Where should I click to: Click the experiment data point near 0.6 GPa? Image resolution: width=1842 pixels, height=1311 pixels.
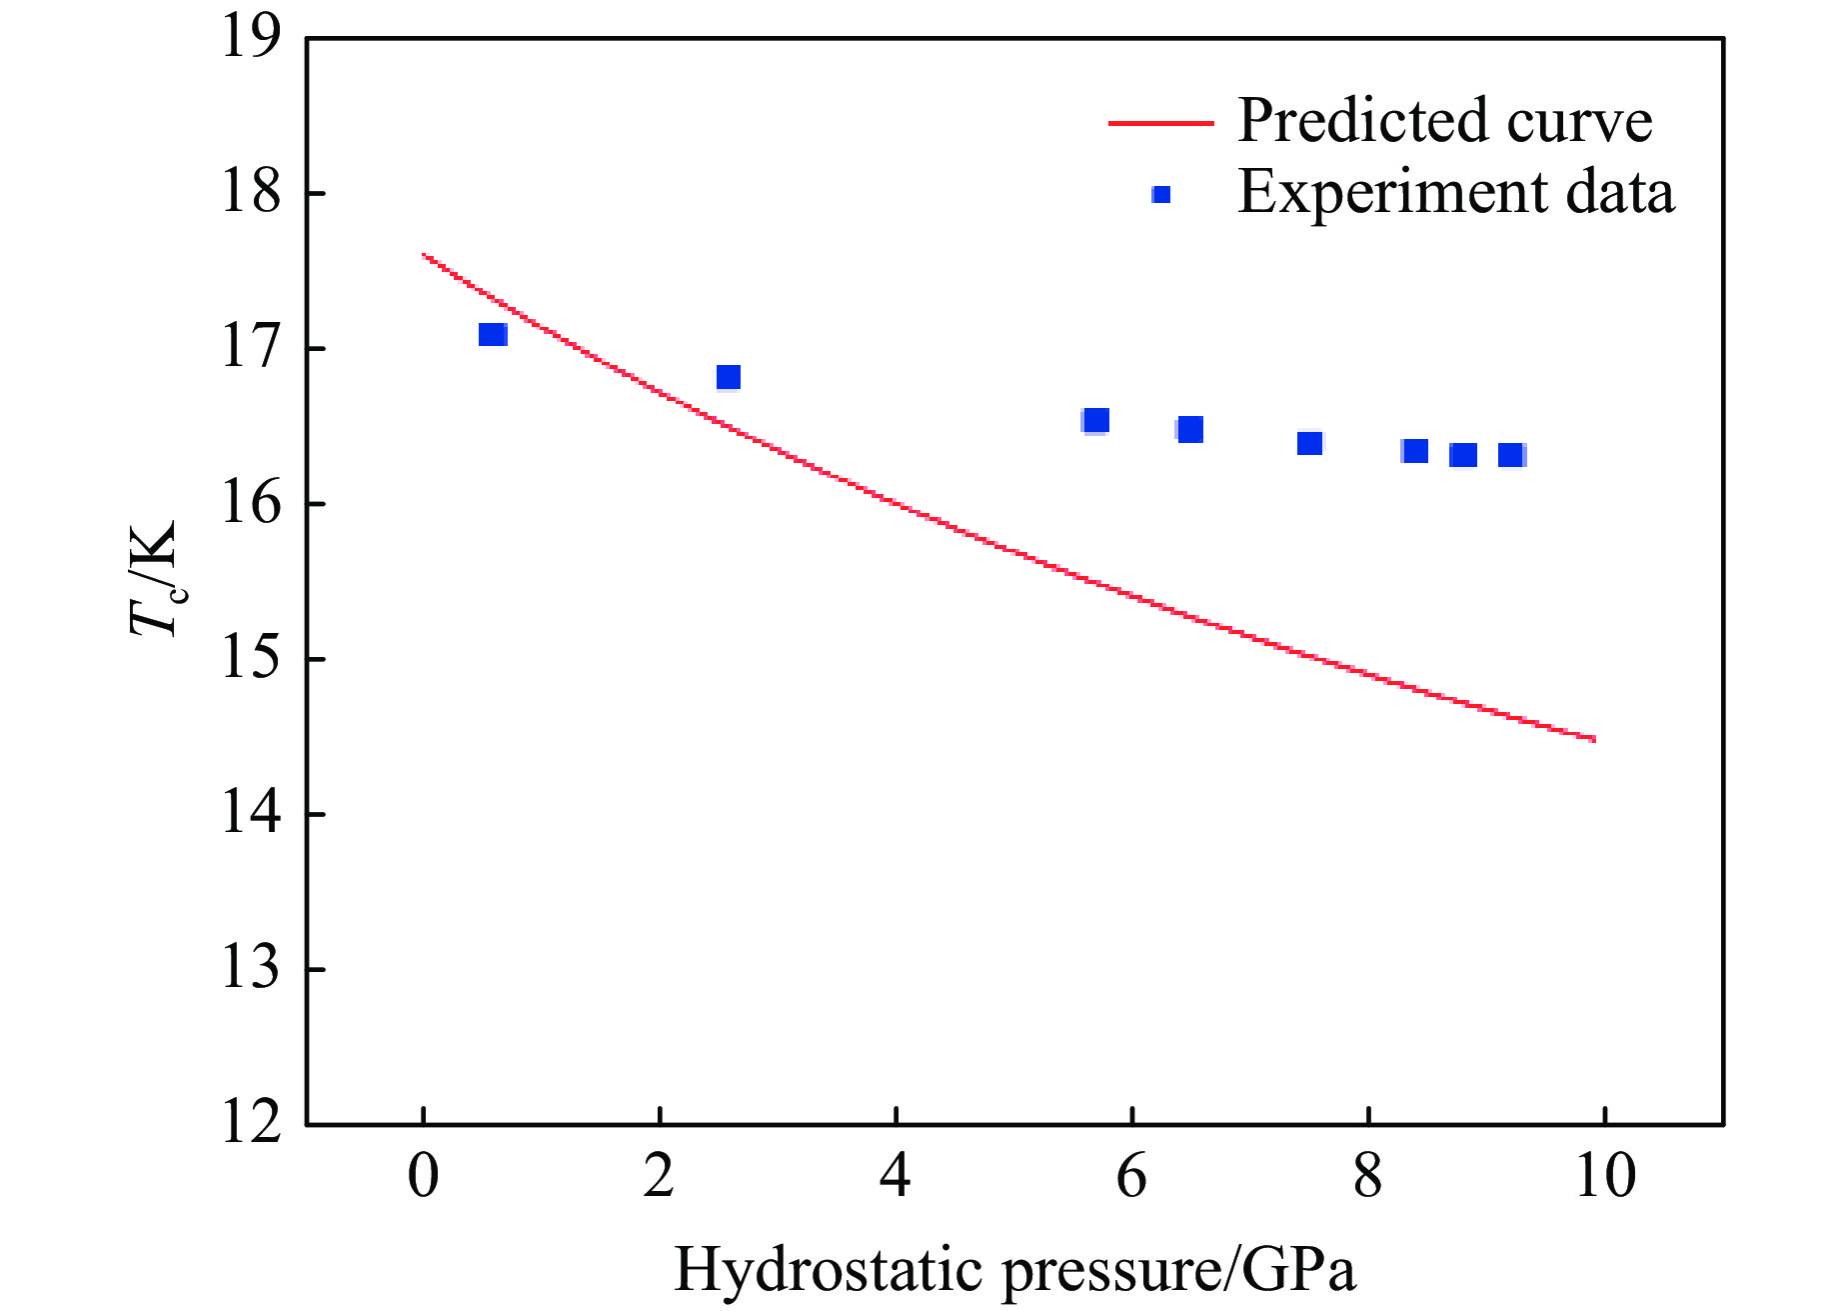[493, 334]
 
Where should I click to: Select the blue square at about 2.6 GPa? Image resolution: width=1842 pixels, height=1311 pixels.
[729, 377]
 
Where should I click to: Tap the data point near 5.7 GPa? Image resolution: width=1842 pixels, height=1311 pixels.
[1095, 421]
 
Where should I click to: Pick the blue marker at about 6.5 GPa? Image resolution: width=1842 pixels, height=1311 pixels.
[1189, 430]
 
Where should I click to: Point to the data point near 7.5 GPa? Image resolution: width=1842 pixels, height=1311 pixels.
[1309, 443]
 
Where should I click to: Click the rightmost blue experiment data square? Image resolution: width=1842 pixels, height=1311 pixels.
[1510, 455]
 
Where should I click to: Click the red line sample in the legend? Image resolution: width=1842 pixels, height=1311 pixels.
[1160, 123]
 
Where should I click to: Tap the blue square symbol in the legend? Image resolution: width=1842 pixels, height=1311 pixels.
[1160, 195]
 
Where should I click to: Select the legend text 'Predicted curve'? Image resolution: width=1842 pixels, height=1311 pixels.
[1444, 121]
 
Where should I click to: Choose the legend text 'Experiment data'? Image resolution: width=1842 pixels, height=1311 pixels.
[1455, 192]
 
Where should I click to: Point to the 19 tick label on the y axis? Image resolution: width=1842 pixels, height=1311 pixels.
[251, 40]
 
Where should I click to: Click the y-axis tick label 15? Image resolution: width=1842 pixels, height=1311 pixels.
[251, 660]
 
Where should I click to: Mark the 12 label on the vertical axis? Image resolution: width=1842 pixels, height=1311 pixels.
[251, 1124]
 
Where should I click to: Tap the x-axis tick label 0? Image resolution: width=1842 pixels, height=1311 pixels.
[424, 1176]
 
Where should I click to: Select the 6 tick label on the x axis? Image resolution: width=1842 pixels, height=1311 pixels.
[1131, 1176]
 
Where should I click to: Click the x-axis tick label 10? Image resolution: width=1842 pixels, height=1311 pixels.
[1604, 1176]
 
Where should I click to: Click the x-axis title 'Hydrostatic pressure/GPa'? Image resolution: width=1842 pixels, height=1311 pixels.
[1014, 1270]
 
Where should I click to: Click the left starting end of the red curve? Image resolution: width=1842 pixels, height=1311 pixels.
[424, 255]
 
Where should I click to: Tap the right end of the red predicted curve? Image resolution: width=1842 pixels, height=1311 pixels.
[1594, 739]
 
